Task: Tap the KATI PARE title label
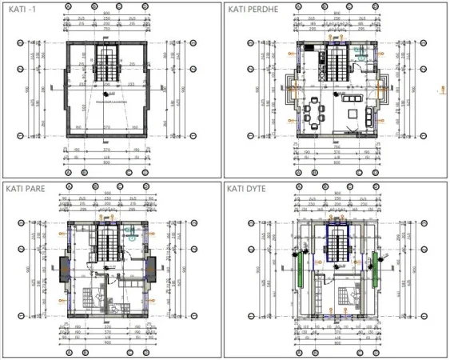click(x=24, y=189)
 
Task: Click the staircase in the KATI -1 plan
click(x=107, y=63)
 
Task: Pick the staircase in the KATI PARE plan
click(x=107, y=241)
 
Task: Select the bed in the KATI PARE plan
click(x=97, y=297)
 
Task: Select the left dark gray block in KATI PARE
click(x=65, y=265)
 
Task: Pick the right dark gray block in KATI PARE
click(x=149, y=265)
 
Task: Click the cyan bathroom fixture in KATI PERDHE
click(x=361, y=54)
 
